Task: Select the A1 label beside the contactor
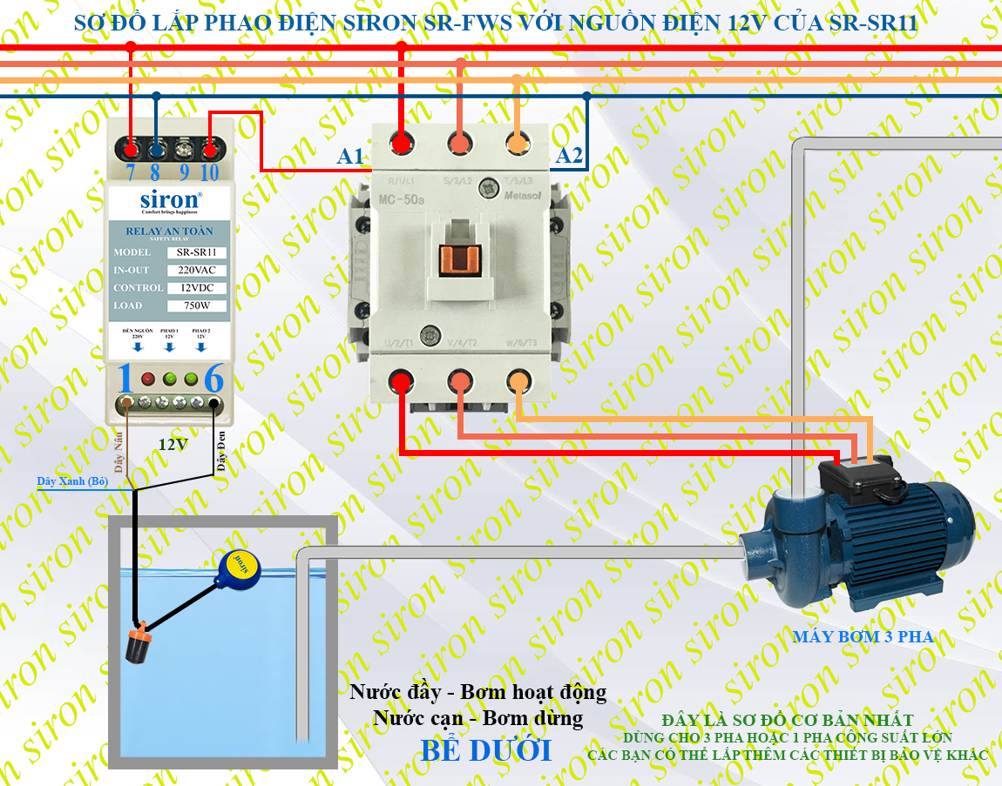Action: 350,157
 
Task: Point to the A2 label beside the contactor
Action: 569,157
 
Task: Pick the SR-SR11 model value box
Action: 196,252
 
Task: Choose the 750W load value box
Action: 196,306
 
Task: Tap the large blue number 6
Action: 213,380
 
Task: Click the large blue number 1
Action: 125,380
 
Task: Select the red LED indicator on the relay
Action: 148,380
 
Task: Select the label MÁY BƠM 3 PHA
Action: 863,636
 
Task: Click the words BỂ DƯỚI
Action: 486,749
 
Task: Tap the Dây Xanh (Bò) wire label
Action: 72,481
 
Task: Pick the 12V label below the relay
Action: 173,444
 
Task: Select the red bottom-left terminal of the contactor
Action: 401,380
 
